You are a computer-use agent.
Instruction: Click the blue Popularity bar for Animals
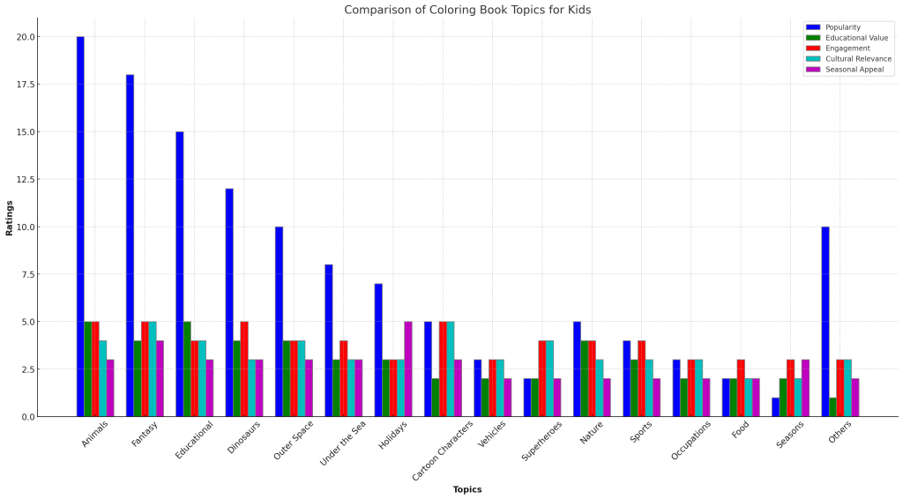[80, 227]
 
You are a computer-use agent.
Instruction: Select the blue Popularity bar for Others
[825, 321]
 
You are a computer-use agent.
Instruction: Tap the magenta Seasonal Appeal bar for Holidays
[408, 369]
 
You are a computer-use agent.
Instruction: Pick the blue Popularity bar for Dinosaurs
[229, 302]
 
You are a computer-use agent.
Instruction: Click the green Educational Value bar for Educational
[187, 369]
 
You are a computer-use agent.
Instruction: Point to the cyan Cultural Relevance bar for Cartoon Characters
[451, 369]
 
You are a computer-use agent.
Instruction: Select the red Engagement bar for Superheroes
[542, 378]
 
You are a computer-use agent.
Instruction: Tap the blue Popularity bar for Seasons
[776, 407]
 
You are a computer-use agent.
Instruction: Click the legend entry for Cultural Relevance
[849, 59]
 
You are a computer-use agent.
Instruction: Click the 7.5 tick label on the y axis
[26, 274]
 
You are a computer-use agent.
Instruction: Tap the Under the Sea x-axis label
[343, 443]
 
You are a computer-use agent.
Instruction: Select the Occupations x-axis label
[691, 441]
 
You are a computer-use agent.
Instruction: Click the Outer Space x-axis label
[294, 440]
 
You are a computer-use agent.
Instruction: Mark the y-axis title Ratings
[9, 218]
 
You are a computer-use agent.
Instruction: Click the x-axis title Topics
[467, 490]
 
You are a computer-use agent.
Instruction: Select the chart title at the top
[467, 10]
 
